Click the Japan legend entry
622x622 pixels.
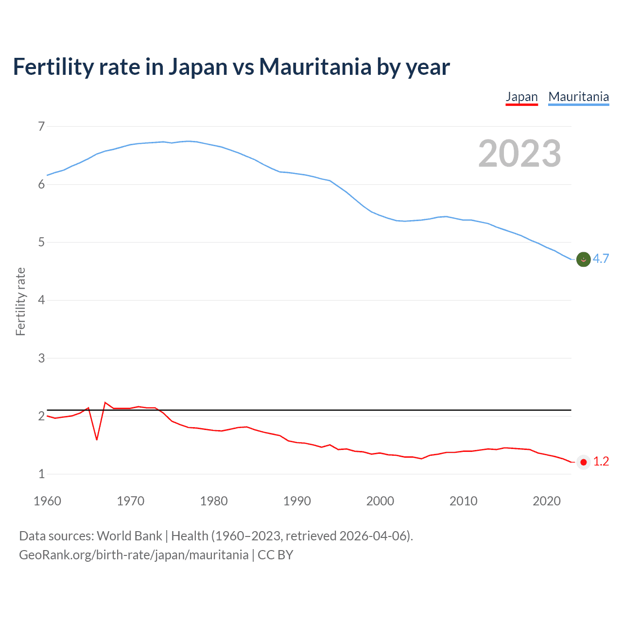pyautogui.click(x=521, y=97)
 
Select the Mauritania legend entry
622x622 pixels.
pyautogui.click(x=578, y=97)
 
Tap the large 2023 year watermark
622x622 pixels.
pyautogui.click(x=519, y=154)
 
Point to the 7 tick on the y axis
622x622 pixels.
pyautogui.click(x=41, y=126)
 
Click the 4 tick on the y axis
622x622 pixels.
pyautogui.click(x=41, y=300)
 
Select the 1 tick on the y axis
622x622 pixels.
pyautogui.click(x=41, y=474)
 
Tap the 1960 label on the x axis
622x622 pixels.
pyautogui.click(x=47, y=501)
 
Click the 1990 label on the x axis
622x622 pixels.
pyautogui.click(x=297, y=501)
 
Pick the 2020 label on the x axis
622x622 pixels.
pyautogui.click(x=547, y=501)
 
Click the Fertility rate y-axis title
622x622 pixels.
pyautogui.click(x=20, y=301)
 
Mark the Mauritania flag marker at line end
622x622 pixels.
pyautogui.click(x=583, y=259)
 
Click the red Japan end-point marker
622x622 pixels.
pyautogui.click(x=583, y=462)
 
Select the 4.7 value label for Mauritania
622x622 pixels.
pyautogui.click(x=601, y=259)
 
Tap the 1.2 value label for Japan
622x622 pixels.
pyautogui.click(x=601, y=462)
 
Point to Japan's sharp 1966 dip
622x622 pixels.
pyautogui.click(x=97, y=439)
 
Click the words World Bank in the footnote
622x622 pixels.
pyautogui.click(x=129, y=536)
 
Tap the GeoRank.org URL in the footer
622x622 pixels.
pyautogui.click(x=134, y=555)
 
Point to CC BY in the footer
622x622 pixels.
pyautogui.click(x=276, y=555)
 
